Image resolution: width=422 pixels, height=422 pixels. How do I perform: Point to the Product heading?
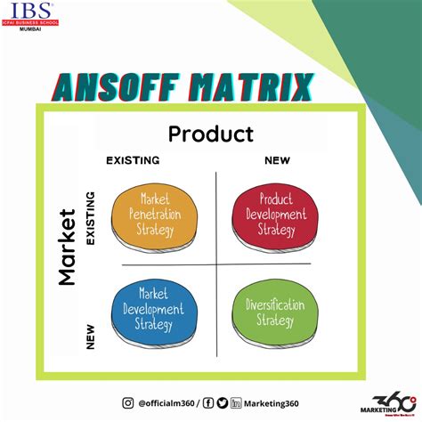click(x=211, y=134)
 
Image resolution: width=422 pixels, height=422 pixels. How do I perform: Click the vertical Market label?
click(x=66, y=247)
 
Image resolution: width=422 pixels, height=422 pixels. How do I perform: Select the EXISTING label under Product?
click(x=133, y=160)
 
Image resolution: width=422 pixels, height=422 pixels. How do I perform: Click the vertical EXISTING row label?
click(x=90, y=217)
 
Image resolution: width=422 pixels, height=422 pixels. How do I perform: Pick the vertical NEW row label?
click(x=90, y=335)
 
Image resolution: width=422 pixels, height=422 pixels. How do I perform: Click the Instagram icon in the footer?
click(x=127, y=402)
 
